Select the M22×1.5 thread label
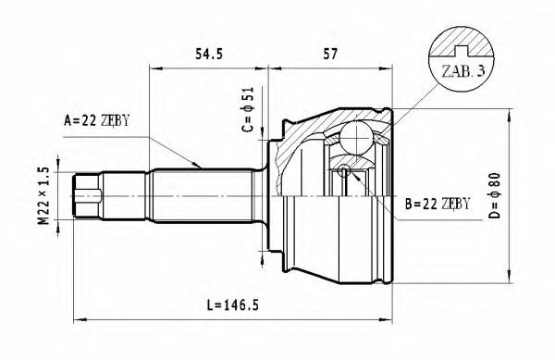click(40, 195)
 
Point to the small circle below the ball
click(344, 170)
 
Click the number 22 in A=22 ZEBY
click(89, 119)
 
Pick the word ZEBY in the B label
click(455, 203)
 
